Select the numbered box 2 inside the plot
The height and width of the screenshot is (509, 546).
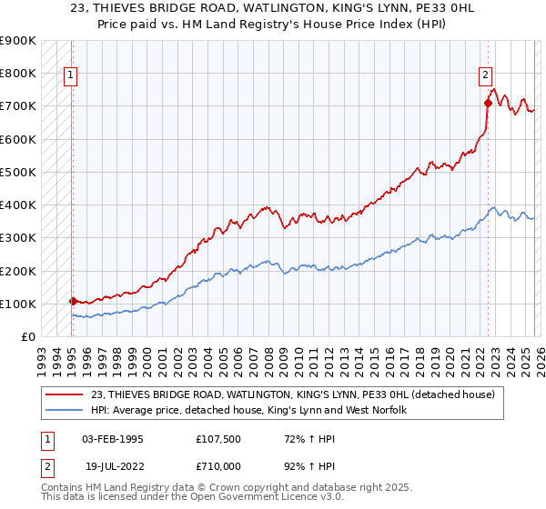[x=485, y=75]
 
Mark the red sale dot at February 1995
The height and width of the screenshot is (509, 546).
[x=73, y=301]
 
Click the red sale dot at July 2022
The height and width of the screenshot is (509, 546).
[x=488, y=103]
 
